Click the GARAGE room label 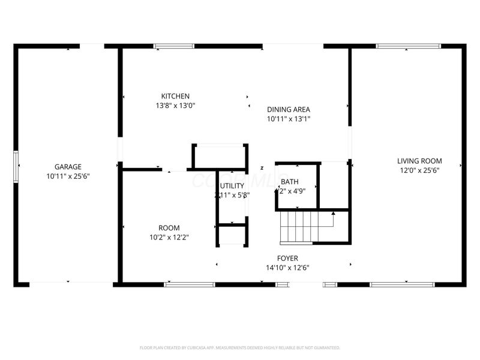pos(68,167)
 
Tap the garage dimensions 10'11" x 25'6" pos(68,176)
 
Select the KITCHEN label pos(175,96)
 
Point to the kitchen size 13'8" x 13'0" pos(175,106)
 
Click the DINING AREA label pos(288,109)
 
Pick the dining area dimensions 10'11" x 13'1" pos(288,119)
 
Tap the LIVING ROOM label pos(419,161)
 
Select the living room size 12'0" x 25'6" pos(419,170)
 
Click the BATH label pos(289,182)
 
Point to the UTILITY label pos(232,185)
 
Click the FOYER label pos(287,259)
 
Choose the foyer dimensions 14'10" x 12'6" pos(287,268)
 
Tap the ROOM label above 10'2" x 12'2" pos(169,228)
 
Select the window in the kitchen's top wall pos(174,46)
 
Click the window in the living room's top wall pos(407,46)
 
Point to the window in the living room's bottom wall pos(402,284)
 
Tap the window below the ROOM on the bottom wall pos(181,284)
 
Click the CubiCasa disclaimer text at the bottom pos(240,347)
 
